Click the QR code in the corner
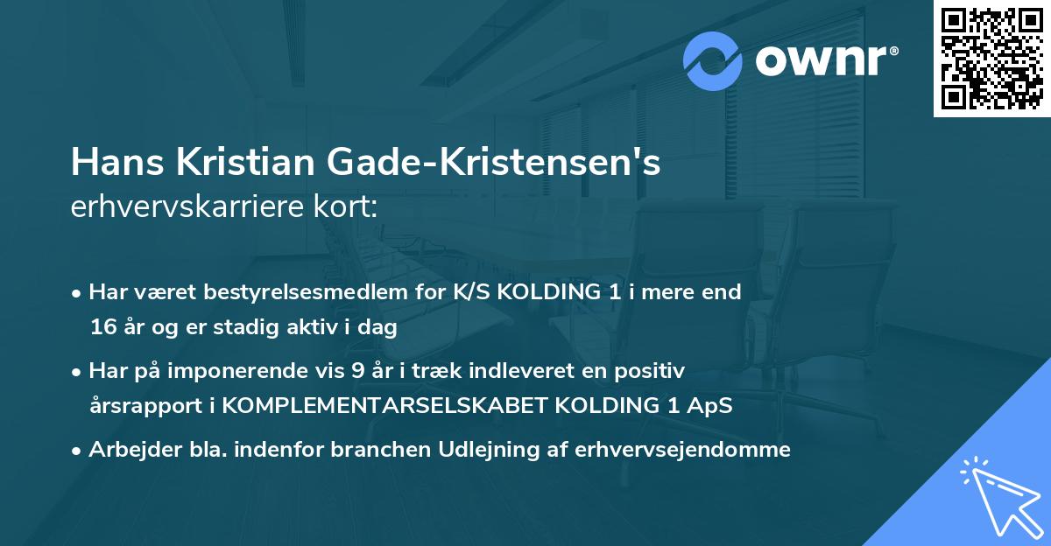pyautogui.click(x=992, y=58)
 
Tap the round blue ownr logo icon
pyautogui.click(x=713, y=61)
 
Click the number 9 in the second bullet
pyautogui.click(x=357, y=371)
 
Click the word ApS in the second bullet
pyautogui.click(x=708, y=407)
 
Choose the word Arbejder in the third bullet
pyautogui.click(x=127, y=450)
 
